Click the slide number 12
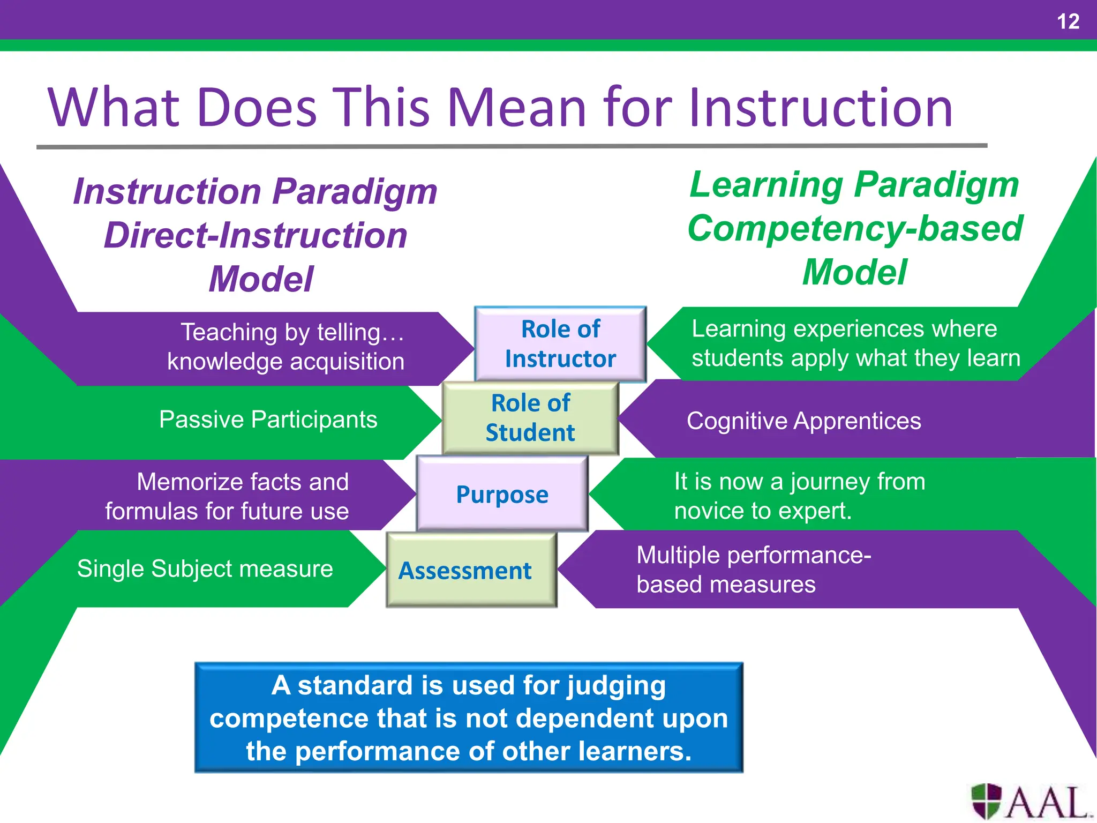pyautogui.click(x=1068, y=22)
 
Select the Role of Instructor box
pyautogui.click(x=560, y=344)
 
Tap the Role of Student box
pyautogui.click(x=530, y=418)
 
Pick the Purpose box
pyautogui.click(x=502, y=493)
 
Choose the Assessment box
pyautogui.click(x=465, y=570)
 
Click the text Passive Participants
pyautogui.click(x=268, y=420)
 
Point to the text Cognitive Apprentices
pyautogui.click(x=803, y=421)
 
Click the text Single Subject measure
pyautogui.click(x=205, y=568)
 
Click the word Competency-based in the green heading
pyautogui.click(x=855, y=228)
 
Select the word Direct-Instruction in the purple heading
pyautogui.click(x=256, y=236)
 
